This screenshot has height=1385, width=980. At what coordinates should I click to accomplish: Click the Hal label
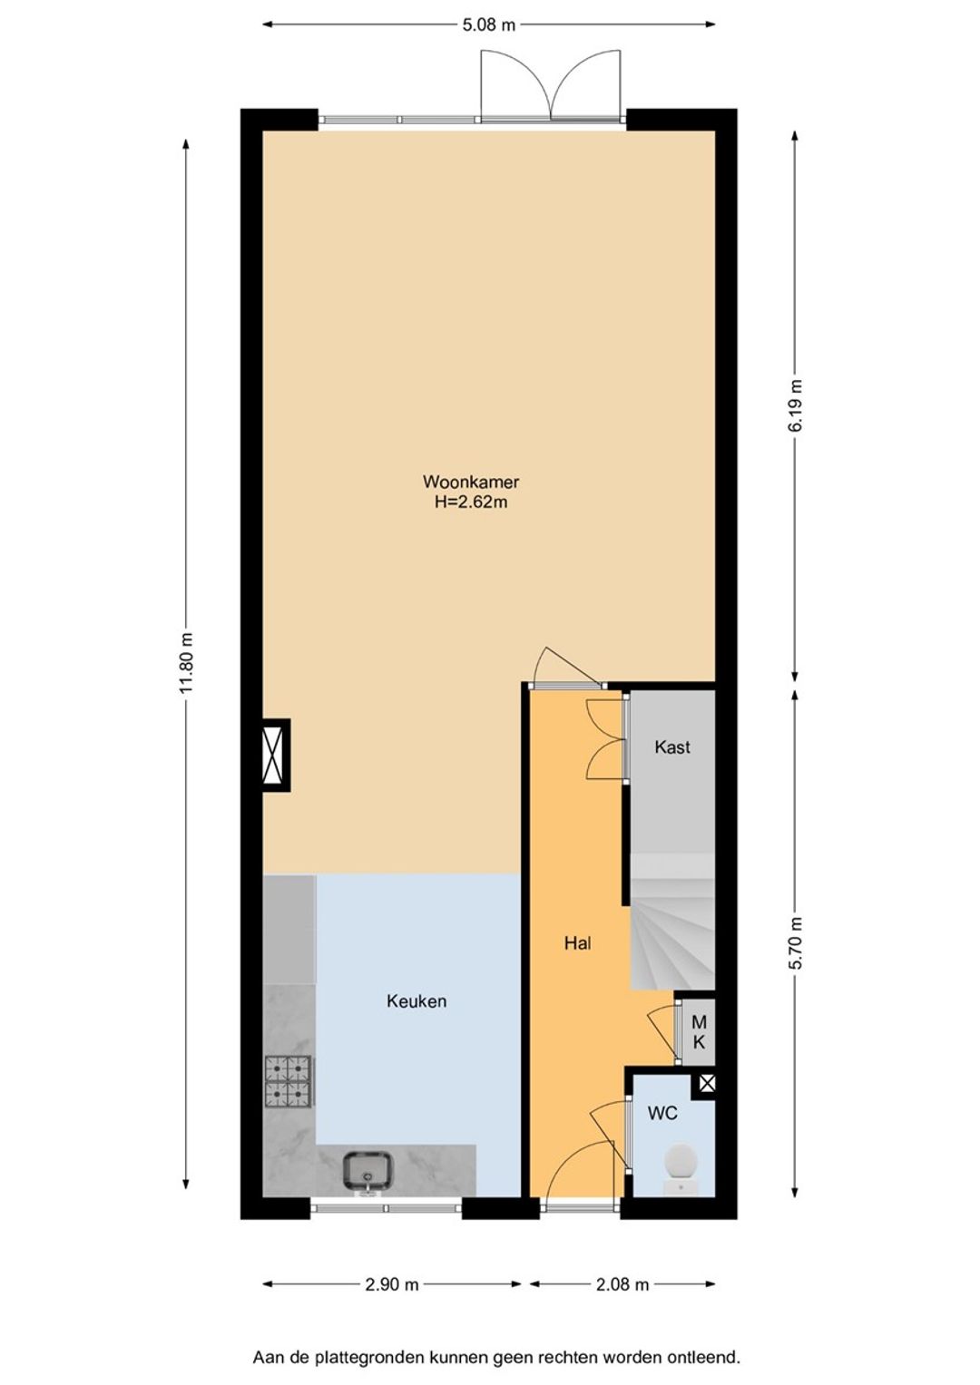click(577, 943)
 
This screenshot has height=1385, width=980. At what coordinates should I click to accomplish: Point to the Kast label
click(671, 746)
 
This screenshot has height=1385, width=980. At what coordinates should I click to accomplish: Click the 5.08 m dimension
click(489, 24)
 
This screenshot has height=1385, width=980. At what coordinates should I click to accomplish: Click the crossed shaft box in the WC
click(707, 1083)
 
